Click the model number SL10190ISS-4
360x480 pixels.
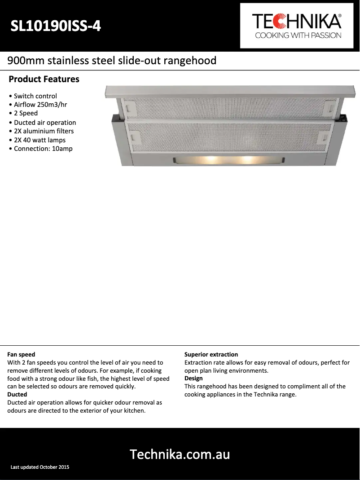[x=56, y=27]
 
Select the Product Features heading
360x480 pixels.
[x=44, y=79]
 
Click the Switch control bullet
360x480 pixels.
[x=35, y=96]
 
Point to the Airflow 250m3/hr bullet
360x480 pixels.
[x=39, y=105]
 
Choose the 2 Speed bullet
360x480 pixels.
[x=26, y=113]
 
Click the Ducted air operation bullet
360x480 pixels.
[x=44, y=123]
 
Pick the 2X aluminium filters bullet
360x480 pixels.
[x=44, y=131]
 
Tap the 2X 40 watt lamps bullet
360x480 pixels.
[x=40, y=140]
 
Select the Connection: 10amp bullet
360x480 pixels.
[x=43, y=149]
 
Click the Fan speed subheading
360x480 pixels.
[x=21, y=355]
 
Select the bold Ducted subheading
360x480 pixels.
[x=17, y=394]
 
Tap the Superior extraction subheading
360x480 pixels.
[x=211, y=355]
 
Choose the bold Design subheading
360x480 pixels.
[x=193, y=379]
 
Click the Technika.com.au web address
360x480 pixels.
[x=180, y=454]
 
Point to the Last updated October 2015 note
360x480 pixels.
[x=40, y=467]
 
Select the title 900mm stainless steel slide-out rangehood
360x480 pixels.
[x=112, y=61]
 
